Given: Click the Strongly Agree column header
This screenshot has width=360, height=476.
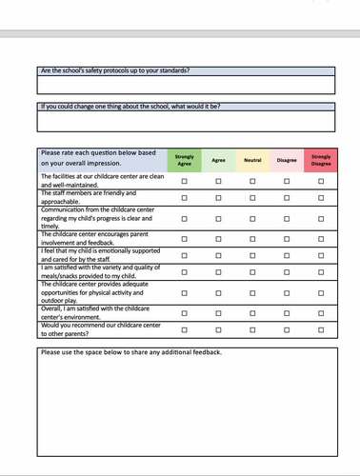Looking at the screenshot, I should tap(184, 159).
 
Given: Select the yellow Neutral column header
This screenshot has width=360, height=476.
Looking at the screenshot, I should tap(252, 160).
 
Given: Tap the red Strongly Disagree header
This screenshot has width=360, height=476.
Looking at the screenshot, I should tap(321, 159).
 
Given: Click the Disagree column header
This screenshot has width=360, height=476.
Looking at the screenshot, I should tap(287, 160).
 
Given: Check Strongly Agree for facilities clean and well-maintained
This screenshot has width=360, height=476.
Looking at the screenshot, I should tap(184, 181).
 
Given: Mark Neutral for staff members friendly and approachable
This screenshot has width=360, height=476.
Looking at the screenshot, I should tap(252, 198).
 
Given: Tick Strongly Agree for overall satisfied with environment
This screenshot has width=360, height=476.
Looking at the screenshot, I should tap(184, 311).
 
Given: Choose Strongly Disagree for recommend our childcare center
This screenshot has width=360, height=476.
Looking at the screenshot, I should tap(321, 329).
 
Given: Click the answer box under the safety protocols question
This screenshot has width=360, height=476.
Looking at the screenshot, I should tap(186, 85).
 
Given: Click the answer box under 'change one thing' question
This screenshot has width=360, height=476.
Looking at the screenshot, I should tap(186, 121).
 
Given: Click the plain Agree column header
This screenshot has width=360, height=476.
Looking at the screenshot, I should tap(218, 160).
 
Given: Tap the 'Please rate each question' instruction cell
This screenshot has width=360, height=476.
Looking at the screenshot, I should tap(101, 159).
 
